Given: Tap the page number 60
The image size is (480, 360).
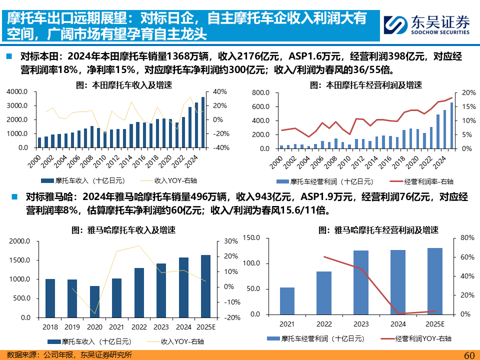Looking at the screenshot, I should (x=468, y=354).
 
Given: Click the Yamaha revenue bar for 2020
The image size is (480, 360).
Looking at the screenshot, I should (x=94, y=301).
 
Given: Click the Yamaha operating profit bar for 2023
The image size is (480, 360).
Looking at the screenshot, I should (x=361, y=282).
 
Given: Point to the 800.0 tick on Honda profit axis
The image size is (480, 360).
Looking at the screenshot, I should (x=261, y=93).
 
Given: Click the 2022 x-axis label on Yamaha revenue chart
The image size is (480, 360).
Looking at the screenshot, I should (x=139, y=327).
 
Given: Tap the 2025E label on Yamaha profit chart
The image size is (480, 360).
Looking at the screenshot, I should (x=435, y=324).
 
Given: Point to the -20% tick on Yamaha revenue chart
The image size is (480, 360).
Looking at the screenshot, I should (x=231, y=317).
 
